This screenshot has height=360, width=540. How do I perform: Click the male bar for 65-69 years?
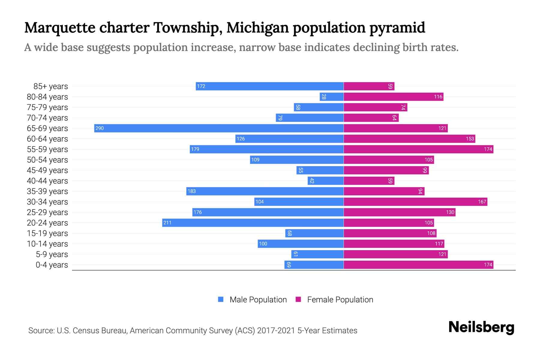click(x=219, y=128)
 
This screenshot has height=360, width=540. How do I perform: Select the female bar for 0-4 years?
click(x=418, y=265)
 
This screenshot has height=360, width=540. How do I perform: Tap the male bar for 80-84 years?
click(x=332, y=97)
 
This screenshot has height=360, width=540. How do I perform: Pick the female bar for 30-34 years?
click(x=415, y=202)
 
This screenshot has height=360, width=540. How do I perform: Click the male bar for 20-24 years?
click(x=253, y=223)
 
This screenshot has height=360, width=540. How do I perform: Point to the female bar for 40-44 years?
click(x=369, y=181)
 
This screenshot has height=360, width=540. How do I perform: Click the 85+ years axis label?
click(x=51, y=86)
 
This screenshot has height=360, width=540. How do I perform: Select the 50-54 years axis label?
click(x=47, y=160)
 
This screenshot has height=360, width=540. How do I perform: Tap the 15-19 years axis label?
click(x=47, y=233)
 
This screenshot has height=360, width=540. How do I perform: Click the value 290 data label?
click(x=99, y=128)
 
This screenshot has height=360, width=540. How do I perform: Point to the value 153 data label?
click(x=470, y=139)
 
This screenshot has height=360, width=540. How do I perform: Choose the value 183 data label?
click(x=191, y=191)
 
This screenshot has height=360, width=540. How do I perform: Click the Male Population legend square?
click(x=221, y=299)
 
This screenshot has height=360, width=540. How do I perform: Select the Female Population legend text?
click(x=340, y=300)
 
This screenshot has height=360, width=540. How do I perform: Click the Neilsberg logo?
click(x=481, y=327)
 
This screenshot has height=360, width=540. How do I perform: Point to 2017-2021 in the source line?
click(x=276, y=331)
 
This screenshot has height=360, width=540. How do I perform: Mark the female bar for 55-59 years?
click(x=418, y=149)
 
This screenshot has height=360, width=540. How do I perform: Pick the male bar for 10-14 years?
click(x=301, y=244)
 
